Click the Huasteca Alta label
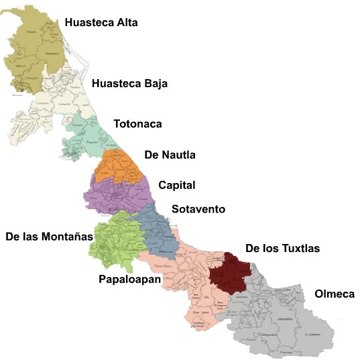pyautogui.click(x=101, y=23)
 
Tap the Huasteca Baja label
pyautogui.click(x=129, y=84)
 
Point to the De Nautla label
pyautogui.click(x=170, y=156)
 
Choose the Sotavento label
pyautogui.click(x=198, y=210)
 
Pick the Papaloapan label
pyautogui.click(x=129, y=278)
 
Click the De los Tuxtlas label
pyautogui.click(x=282, y=249)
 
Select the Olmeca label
pyautogui.click(x=334, y=294)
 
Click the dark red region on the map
pyautogui.click(x=229, y=274)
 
